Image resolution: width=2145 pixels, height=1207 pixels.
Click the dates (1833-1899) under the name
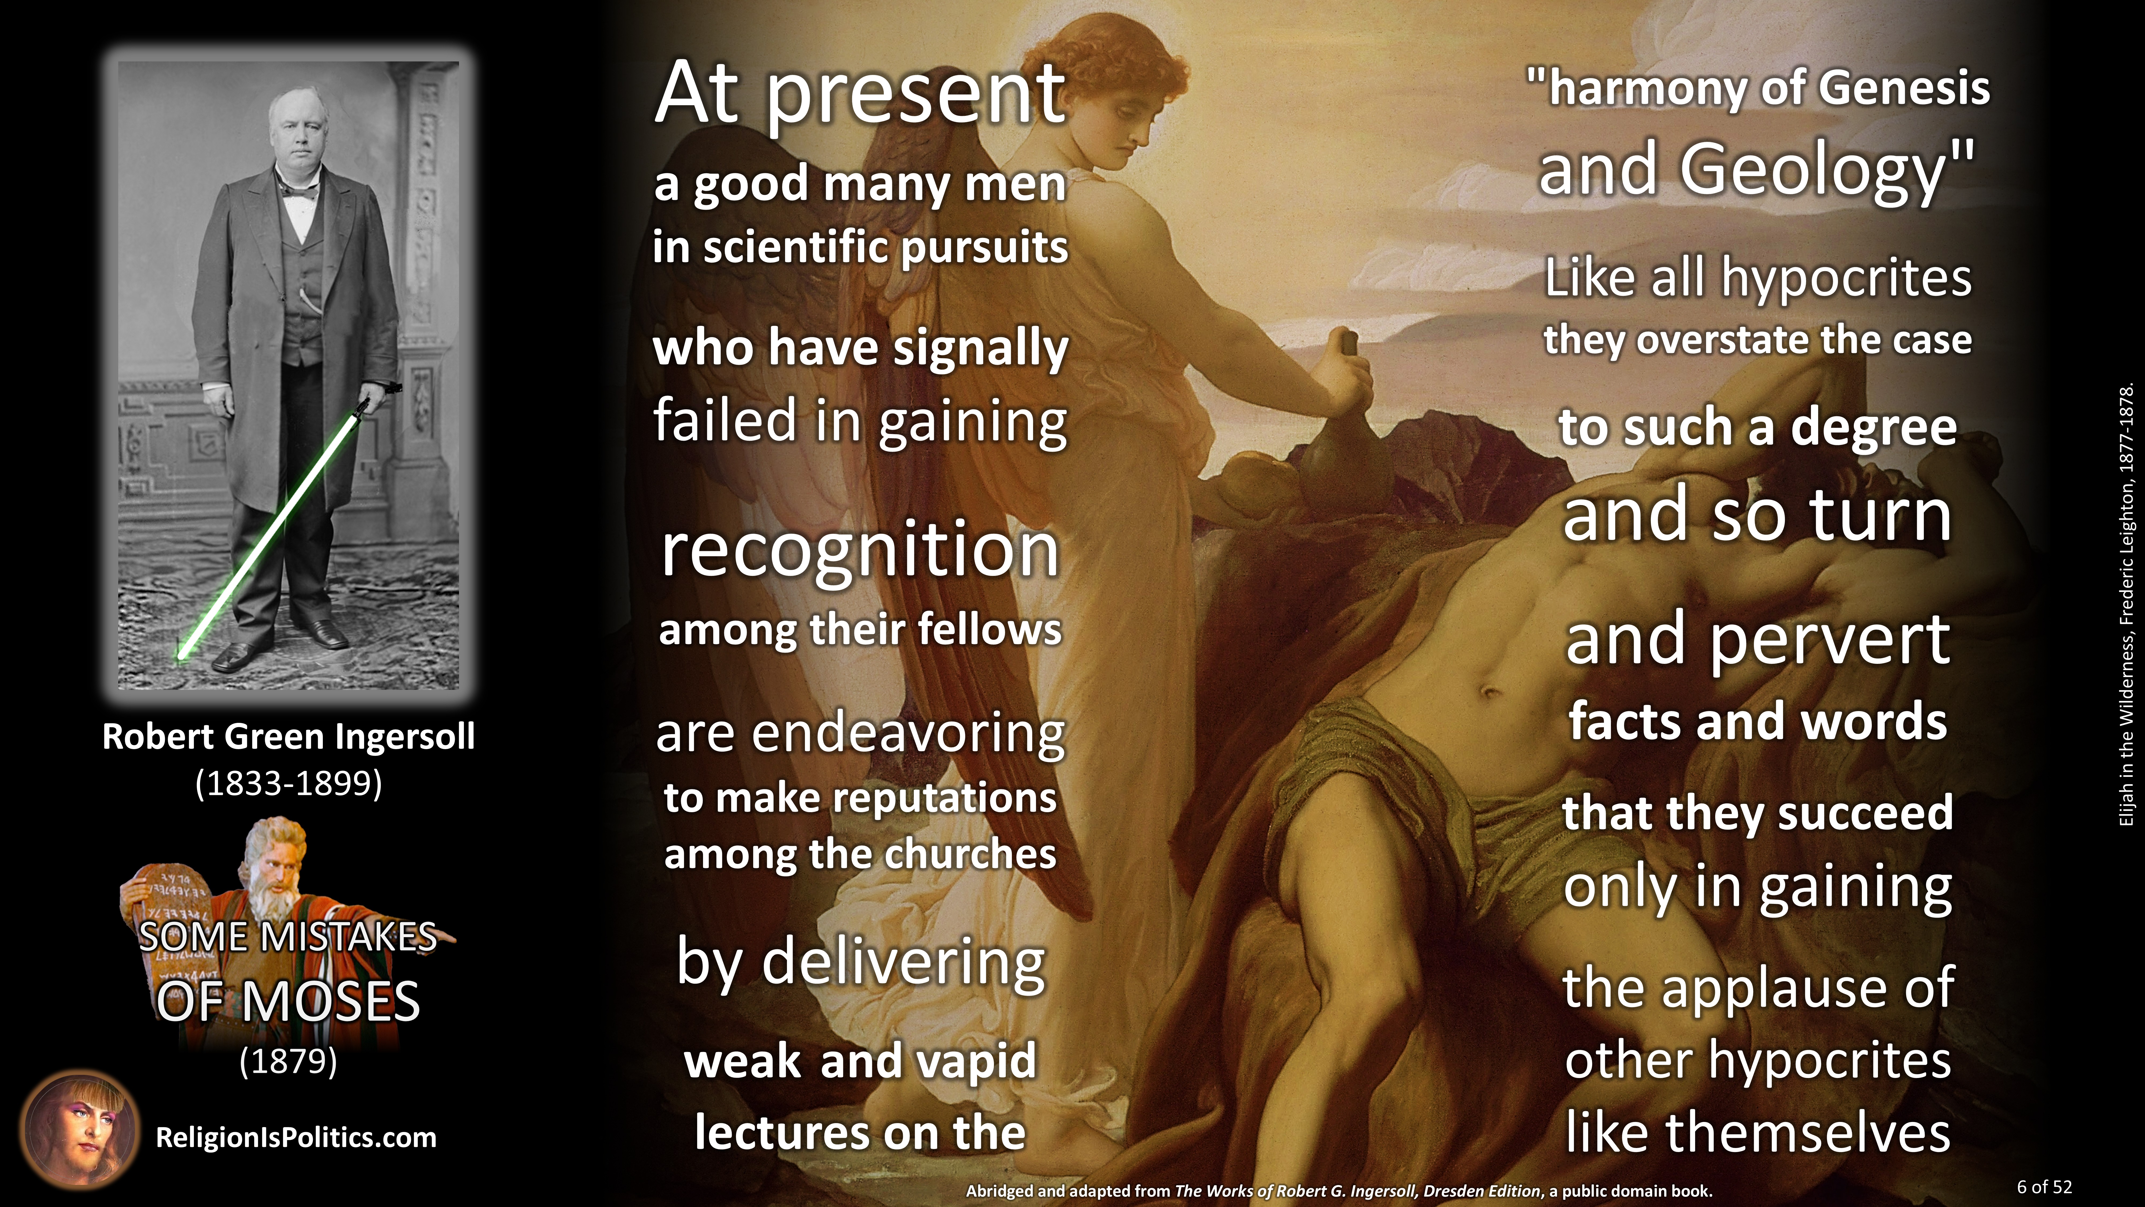(288, 783)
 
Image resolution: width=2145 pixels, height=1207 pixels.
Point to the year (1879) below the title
(288, 1061)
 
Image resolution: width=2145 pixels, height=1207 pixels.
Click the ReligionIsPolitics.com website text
(295, 1138)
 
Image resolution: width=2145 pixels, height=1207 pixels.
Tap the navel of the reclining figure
(1487, 691)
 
